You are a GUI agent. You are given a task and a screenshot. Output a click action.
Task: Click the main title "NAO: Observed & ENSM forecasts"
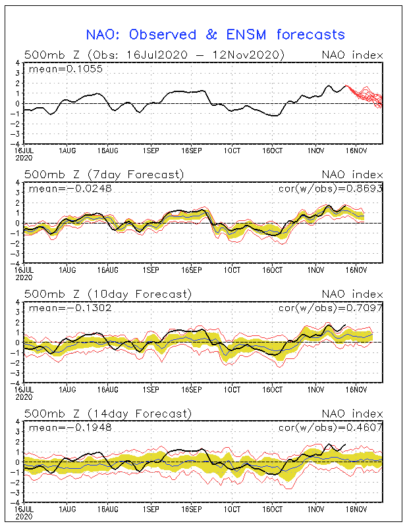pyautogui.click(x=215, y=35)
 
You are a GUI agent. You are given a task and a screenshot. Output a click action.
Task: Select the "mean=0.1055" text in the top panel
pyautogui.click(x=66, y=69)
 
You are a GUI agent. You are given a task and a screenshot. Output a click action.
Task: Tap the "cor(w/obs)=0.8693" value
pyautogui.click(x=331, y=189)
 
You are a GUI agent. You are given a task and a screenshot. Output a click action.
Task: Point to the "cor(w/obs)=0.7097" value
pyautogui.click(x=331, y=308)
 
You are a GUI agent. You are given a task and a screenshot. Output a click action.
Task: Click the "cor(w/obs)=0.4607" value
pyautogui.click(x=331, y=427)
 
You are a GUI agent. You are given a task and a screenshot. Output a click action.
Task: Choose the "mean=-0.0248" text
pyautogui.click(x=70, y=189)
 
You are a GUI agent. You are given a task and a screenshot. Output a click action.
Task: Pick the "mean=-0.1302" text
pyautogui.click(x=70, y=308)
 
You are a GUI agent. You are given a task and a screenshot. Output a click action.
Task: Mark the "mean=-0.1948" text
pyautogui.click(x=70, y=427)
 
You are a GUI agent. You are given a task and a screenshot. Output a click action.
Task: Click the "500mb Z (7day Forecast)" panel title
pyautogui.click(x=104, y=175)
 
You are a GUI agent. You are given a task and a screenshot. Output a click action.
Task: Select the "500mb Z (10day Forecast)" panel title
pyautogui.click(x=108, y=294)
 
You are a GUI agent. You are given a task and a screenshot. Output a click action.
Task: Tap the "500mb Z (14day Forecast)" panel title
pyautogui.click(x=108, y=414)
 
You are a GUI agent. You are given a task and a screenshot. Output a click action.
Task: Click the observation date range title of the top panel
pyautogui.click(x=154, y=55)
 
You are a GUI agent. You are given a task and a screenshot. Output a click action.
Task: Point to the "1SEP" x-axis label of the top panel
pyautogui.click(x=151, y=151)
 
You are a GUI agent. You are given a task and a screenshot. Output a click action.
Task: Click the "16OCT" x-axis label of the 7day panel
pyautogui.click(x=272, y=270)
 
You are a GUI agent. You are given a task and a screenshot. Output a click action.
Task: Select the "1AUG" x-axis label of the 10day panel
pyautogui.click(x=67, y=389)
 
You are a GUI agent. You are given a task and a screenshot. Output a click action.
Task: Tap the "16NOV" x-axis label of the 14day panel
pyautogui.click(x=356, y=509)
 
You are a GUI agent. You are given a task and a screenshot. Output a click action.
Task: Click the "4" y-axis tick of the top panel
pyautogui.click(x=18, y=62)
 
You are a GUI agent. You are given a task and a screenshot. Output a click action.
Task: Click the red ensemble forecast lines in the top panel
pyautogui.click(x=364, y=96)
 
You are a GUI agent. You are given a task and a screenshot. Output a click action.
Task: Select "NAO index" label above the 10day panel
pyautogui.click(x=352, y=294)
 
